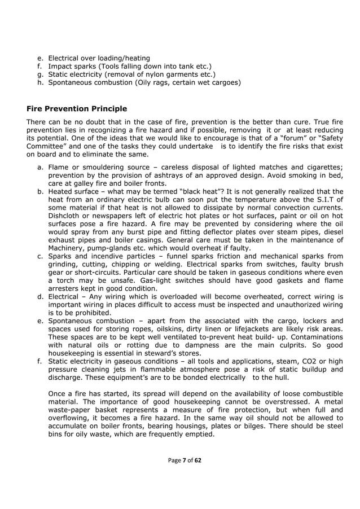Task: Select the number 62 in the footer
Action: pos(197,460)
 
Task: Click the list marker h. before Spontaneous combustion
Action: pos(40,82)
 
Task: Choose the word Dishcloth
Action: pos(67,215)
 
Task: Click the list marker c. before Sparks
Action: pos(40,256)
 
